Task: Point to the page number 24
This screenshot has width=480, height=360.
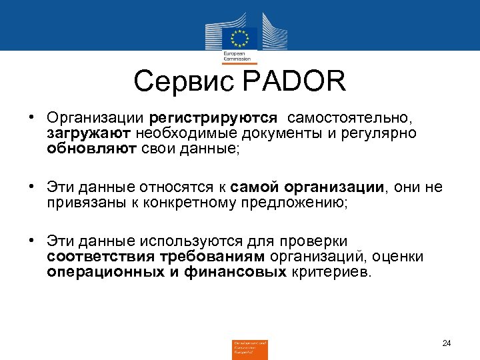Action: click(x=447, y=343)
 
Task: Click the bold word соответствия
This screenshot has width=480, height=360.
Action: click(x=99, y=257)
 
